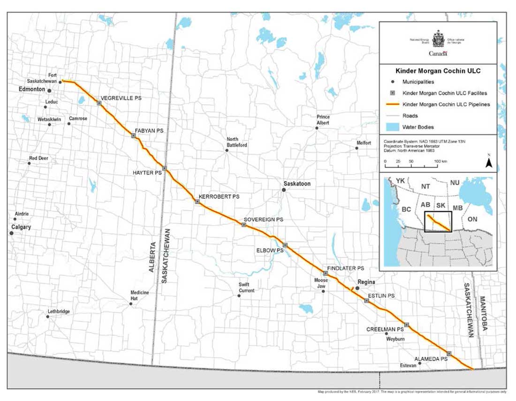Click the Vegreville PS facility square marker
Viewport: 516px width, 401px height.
[99, 103]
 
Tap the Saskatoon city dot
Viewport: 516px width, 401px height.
[284, 190]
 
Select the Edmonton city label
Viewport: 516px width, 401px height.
[31, 89]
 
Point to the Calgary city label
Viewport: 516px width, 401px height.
[21, 227]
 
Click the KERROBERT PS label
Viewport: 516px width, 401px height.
[219, 197]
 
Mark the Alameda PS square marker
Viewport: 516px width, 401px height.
[449, 353]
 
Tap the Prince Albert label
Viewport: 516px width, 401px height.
[323, 120]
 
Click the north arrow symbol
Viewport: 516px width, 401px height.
[488, 162]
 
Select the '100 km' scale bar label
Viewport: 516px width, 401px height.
[440, 161]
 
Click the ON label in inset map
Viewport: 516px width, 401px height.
[473, 219]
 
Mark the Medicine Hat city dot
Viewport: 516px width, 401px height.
[131, 304]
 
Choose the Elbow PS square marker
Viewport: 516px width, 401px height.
[285, 245]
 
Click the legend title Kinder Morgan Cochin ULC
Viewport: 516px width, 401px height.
[437, 71]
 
